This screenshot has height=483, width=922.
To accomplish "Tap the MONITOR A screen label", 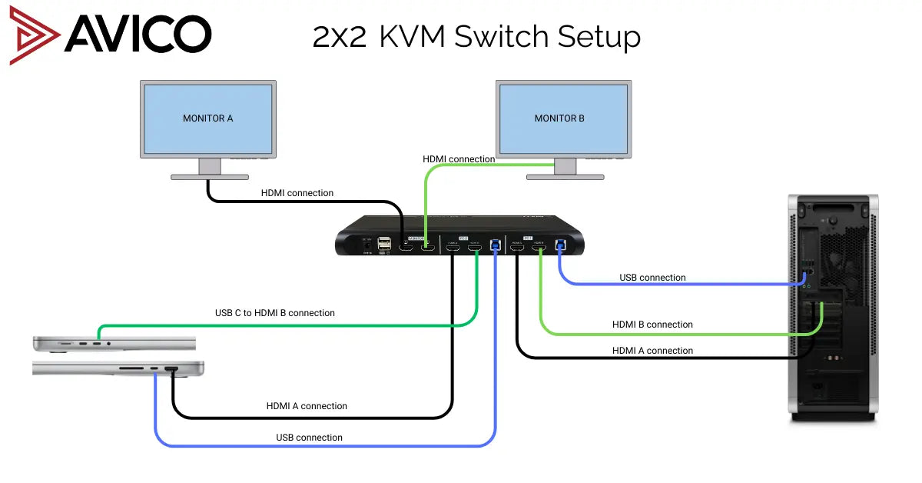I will tap(207, 118).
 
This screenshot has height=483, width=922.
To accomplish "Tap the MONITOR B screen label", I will tap(559, 118).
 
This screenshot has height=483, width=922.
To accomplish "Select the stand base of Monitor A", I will tap(209, 177).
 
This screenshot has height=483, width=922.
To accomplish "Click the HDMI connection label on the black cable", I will tap(297, 193).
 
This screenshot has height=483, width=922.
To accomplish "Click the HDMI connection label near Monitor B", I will tap(459, 159).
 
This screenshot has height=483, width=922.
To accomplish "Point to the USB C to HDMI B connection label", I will tap(274, 313).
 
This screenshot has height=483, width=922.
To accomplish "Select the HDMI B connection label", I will tap(652, 325).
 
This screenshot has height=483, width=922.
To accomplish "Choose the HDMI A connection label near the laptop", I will tap(307, 406).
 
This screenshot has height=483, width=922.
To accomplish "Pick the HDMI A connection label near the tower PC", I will tap(652, 351).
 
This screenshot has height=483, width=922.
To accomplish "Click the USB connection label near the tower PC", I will tap(652, 278).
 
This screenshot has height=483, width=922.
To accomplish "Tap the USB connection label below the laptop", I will tap(309, 438).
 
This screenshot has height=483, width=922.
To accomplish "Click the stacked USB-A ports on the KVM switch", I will tap(384, 245).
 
